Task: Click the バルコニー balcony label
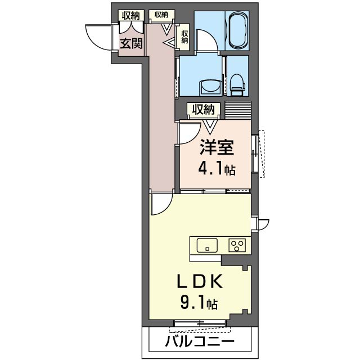200,341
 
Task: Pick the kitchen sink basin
208,245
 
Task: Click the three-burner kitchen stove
237,245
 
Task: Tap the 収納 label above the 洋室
202,109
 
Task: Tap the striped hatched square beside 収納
237,109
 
